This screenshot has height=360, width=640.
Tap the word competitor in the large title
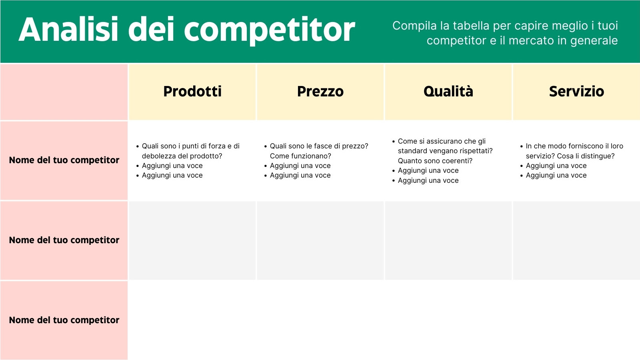pos(269,30)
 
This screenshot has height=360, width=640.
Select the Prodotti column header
pos(192,92)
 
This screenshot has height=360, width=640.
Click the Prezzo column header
pos(320,92)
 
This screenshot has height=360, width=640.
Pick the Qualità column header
pos(448,92)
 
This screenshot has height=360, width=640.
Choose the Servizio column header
pos(576,92)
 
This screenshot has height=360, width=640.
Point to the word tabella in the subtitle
pos(471,26)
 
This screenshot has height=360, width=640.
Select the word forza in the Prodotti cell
pos(217,146)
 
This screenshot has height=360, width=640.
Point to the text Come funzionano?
pos(300,156)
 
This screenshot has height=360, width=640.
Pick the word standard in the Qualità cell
pos(412,151)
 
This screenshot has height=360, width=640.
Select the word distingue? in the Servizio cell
pos(598,156)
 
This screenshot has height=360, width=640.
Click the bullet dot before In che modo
pos(522,146)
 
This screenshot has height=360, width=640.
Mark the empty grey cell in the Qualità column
pos(448,240)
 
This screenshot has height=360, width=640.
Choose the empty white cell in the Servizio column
pos(576,320)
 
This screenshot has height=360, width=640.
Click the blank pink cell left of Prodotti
pos(64,92)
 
